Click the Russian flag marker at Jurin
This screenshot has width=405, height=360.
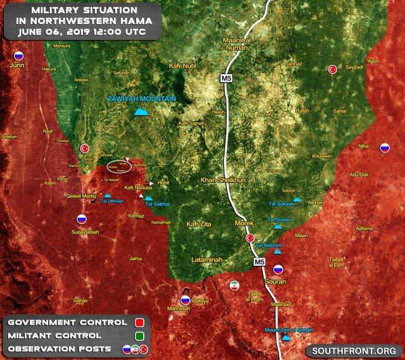tap(18, 56)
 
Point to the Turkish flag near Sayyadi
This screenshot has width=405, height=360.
tap(332, 70)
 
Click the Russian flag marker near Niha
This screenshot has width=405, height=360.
tap(384, 149)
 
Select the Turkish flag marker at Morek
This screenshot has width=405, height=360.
tap(250, 239)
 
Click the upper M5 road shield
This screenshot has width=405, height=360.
tap(227, 78)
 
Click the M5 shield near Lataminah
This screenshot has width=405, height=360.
tap(259, 261)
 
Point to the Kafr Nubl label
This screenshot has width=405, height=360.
tap(184, 66)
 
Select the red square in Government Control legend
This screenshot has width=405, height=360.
tap(140, 323)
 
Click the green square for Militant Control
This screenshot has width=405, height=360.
tap(140, 336)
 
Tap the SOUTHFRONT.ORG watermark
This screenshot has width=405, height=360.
tap(355, 351)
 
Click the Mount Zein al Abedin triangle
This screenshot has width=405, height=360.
tap(287, 338)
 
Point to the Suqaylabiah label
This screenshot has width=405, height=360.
tap(80, 232)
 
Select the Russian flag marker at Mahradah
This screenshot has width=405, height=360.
tap(185, 300)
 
